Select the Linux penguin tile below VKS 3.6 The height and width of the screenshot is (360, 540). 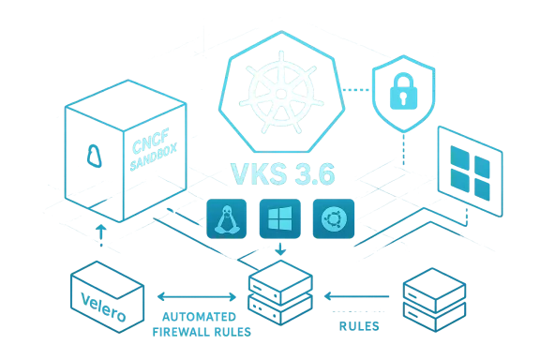[x=226, y=218]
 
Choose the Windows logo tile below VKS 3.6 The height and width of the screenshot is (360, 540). [x=278, y=218]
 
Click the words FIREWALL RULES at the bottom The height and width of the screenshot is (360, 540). [x=201, y=331]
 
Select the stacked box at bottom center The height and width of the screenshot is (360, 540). [x=279, y=296]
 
